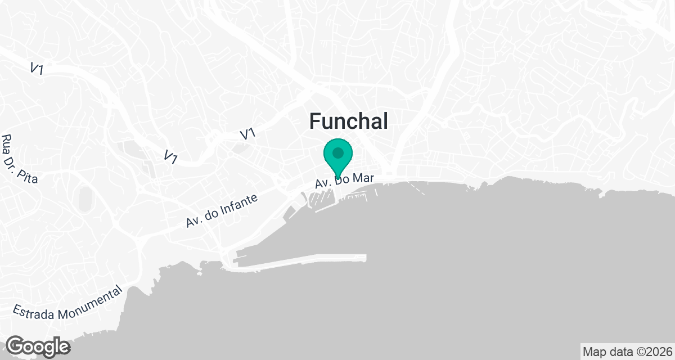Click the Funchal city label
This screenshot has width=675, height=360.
coord(349,121)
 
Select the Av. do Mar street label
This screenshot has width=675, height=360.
coord(344,181)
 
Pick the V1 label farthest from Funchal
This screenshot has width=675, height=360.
coord(37,69)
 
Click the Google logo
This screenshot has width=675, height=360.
coord(38,346)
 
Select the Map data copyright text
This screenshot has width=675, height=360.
coord(627,352)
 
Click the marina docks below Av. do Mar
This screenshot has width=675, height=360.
coord(321,200)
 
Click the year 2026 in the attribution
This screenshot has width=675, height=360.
coord(659,352)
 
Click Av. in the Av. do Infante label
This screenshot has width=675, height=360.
coord(194,221)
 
